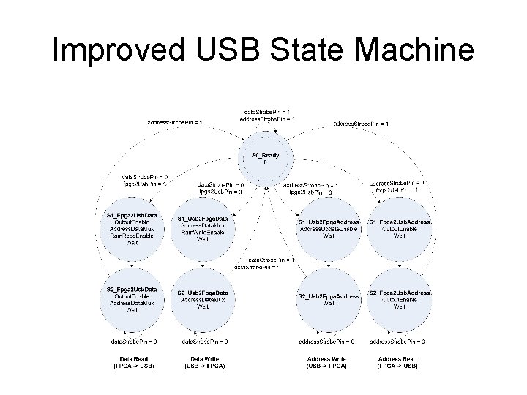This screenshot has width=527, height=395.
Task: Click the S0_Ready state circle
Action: (265, 158)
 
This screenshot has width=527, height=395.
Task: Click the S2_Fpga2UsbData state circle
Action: (132, 299)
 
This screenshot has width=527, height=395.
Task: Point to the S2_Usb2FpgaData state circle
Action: (203, 299)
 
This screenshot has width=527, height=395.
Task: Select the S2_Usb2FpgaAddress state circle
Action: (328, 299)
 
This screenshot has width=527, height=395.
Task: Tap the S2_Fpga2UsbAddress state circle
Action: (399, 299)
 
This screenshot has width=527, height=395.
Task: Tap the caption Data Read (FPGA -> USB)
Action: (132, 361)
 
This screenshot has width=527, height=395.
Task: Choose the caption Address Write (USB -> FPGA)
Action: (326, 361)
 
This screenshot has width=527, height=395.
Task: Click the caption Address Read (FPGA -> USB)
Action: (398, 361)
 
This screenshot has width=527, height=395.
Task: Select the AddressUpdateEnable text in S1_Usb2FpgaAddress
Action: (328, 229)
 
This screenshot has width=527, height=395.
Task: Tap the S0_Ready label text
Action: (265, 155)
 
